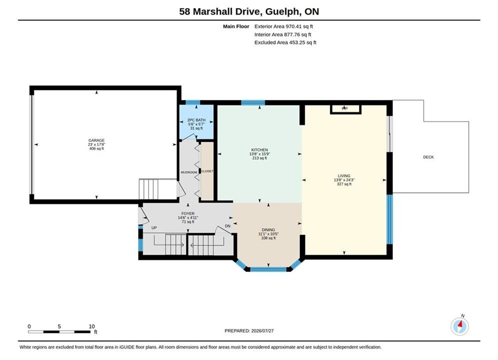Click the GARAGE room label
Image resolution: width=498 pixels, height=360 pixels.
[96, 140]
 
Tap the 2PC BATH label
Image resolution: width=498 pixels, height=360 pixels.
[196, 120]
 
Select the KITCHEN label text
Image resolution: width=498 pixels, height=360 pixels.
[259, 149]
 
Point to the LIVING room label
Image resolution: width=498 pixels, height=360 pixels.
[344, 175]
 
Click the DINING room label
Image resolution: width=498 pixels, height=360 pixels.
[268, 229]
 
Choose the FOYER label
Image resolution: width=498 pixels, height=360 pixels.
[188, 213]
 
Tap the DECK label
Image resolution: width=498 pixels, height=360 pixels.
[428, 157]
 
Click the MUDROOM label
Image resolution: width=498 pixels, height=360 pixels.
[189, 172]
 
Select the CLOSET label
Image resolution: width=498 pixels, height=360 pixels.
[207, 171]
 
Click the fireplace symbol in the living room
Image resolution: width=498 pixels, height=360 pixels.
[345, 109]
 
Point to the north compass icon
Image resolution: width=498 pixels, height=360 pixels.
[459, 325]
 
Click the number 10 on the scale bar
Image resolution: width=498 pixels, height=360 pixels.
[92, 326]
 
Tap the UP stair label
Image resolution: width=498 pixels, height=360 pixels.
[154, 227]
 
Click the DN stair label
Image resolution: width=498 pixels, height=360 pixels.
[227, 226]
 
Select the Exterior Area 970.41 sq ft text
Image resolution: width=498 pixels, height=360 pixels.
[284, 26]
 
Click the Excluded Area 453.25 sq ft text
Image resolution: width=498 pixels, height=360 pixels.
[285, 42]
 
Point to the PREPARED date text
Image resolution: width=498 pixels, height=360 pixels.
[249, 330]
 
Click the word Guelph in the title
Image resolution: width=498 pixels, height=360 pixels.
[282, 11]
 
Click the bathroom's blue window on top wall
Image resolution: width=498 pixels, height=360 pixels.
[193, 102]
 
